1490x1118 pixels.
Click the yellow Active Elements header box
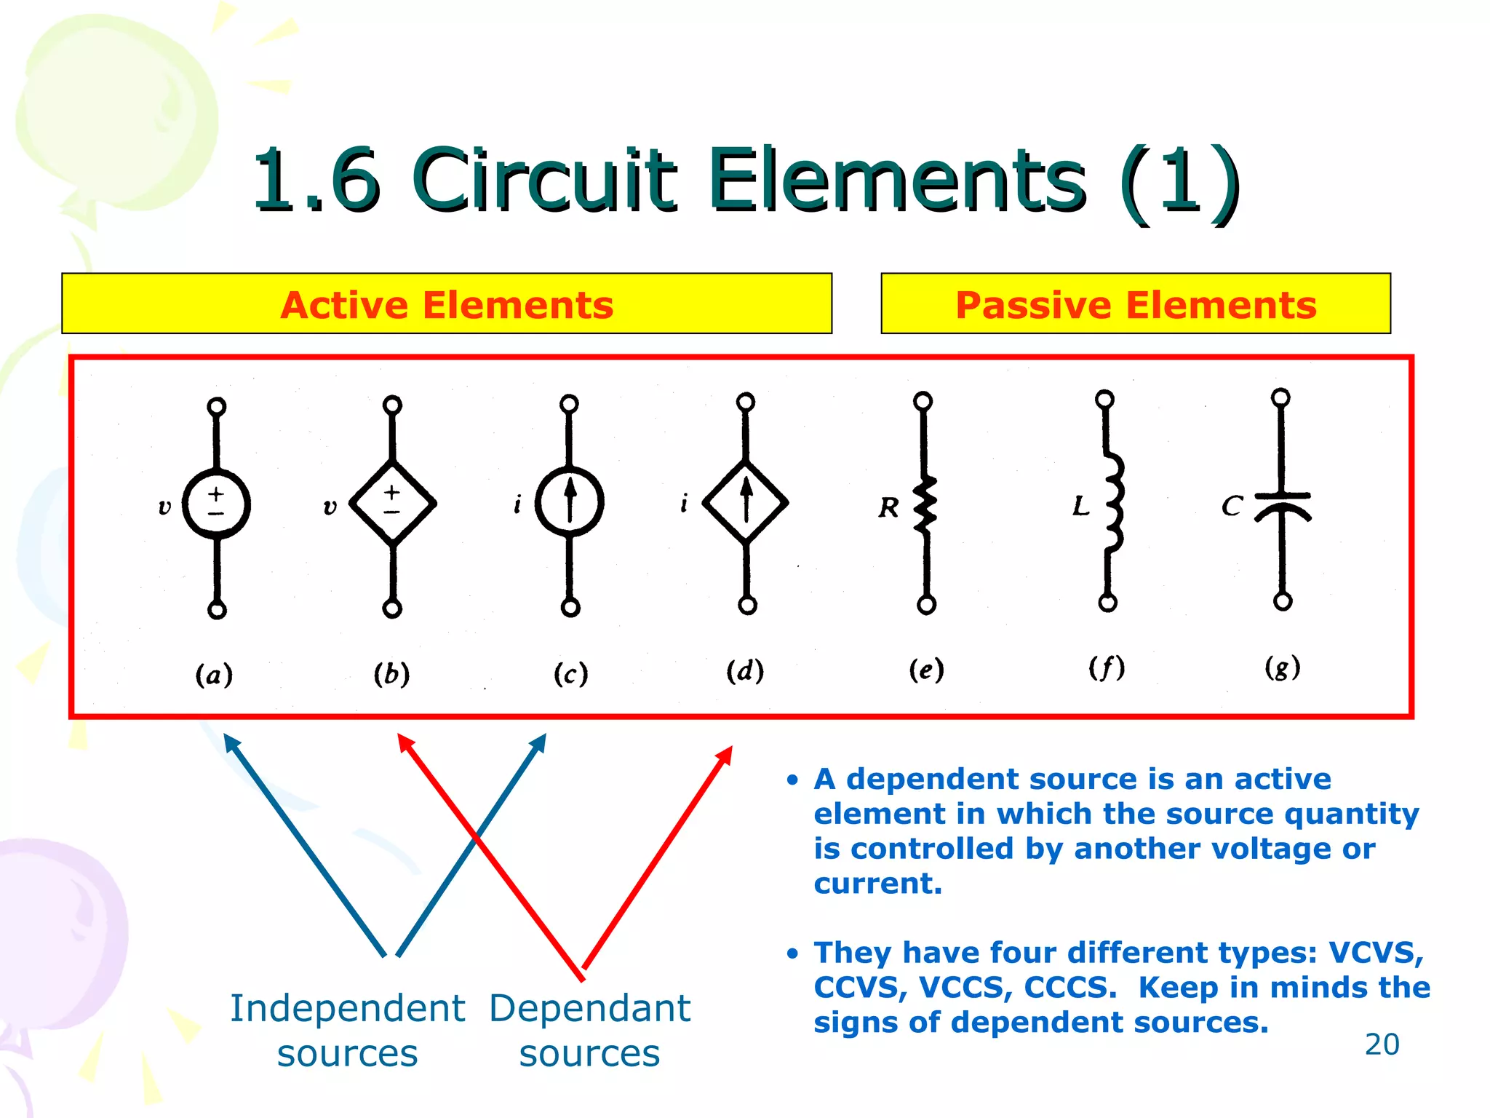[x=447, y=304]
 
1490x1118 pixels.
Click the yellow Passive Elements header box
[x=1135, y=304]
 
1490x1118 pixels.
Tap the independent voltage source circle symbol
[x=216, y=504]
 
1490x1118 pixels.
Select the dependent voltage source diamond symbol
[x=393, y=502]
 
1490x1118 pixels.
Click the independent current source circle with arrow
[x=570, y=502]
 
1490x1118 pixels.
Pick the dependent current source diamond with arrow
[x=746, y=502]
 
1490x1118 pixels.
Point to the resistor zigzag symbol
[x=925, y=504]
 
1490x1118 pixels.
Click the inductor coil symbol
[x=1113, y=502]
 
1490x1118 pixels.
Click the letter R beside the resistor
[x=888, y=507]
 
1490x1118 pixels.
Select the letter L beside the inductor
[x=1081, y=505]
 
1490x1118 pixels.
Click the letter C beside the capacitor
[x=1231, y=505]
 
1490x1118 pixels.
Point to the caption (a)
[x=214, y=674]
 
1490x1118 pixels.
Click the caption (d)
[x=745, y=670]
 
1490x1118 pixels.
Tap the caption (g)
[x=1282, y=667]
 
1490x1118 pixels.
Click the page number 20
[x=1382, y=1044]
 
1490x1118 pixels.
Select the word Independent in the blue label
[x=347, y=1009]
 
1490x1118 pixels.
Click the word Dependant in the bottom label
[x=589, y=1009]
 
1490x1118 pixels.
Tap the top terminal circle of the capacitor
[x=1280, y=397]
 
